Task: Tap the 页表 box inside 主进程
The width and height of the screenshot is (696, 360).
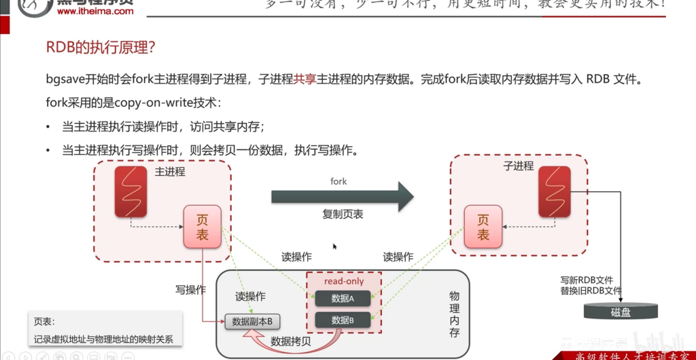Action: (x=203, y=226)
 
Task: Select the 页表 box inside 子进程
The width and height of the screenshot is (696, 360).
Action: (x=483, y=227)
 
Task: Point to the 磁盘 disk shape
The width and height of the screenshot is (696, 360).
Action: (x=621, y=312)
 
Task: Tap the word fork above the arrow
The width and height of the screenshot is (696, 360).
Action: (x=338, y=181)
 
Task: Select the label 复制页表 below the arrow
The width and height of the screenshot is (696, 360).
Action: (x=343, y=214)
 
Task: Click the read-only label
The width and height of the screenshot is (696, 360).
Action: (x=344, y=281)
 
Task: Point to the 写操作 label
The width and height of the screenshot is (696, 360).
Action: (x=190, y=290)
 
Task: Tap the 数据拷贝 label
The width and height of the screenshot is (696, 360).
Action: (x=291, y=341)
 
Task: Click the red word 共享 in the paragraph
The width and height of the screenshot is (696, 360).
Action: (x=304, y=79)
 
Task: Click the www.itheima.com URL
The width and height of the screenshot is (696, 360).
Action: (x=95, y=12)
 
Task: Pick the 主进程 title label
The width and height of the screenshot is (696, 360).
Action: (x=169, y=171)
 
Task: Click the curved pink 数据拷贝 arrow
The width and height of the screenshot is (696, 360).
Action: (x=285, y=348)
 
